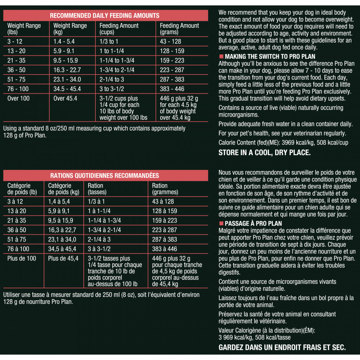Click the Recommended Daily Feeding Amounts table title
click(x=104, y=15)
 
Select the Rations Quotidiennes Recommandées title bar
click(x=104, y=176)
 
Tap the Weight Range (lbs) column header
click(x=24, y=29)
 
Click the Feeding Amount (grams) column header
click(x=179, y=29)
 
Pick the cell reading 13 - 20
click(x=17, y=51)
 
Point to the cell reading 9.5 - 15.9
click(x=66, y=60)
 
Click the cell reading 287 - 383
click(x=172, y=80)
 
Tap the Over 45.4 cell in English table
click(x=65, y=98)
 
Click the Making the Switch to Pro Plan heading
click(x=270, y=57)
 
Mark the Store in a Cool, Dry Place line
click(x=264, y=153)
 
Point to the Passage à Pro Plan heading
click(x=253, y=224)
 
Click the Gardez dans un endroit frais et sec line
click(x=282, y=347)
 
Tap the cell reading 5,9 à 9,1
click(x=59, y=211)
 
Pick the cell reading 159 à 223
click(x=165, y=220)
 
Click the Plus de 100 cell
click(x=22, y=258)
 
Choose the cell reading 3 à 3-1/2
click(x=99, y=249)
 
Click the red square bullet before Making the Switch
click(x=221, y=57)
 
